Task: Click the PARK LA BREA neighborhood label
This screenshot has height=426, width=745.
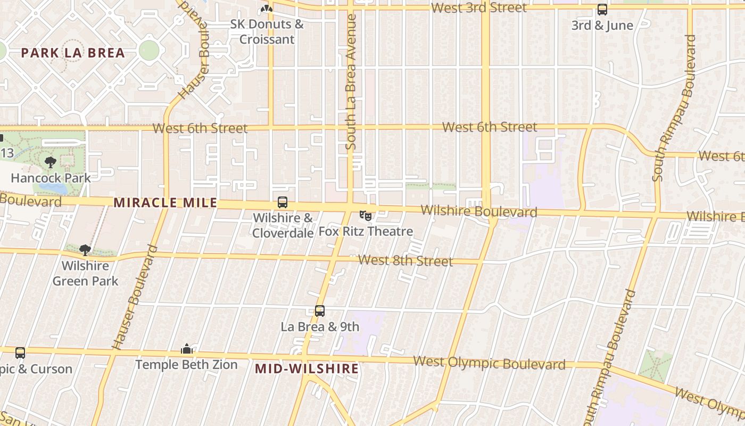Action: pos(73,53)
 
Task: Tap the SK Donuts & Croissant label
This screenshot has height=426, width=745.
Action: pos(267,31)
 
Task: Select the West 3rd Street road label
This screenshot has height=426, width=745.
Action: pos(479,8)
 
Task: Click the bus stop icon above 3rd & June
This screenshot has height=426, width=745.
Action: pos(602,10)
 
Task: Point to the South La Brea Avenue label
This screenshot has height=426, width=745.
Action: pos(351,81)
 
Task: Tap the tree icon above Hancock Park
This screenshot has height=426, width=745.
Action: pos(51,162)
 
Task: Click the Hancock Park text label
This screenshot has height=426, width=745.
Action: pos(51,178)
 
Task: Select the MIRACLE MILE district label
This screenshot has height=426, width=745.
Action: pos(165,203)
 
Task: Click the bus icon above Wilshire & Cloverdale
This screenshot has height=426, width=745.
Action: pos(283,203)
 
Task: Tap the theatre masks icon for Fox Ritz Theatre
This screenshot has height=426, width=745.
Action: pos(365,216)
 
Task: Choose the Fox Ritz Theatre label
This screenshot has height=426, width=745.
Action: pos(366,232)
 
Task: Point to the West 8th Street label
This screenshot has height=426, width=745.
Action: pos(405,261)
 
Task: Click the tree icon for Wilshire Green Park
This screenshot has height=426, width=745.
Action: pos(85,250)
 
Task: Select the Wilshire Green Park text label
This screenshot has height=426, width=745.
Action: pos(85,273)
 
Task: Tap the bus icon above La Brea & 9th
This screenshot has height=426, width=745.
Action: pos(320,311)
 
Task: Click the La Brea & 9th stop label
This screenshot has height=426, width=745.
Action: pos(320,327)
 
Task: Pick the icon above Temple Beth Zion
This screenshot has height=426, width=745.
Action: pos(186,349)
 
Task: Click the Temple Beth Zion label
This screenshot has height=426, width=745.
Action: pos(186,365)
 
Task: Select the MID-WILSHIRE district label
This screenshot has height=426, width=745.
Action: pos(307,368)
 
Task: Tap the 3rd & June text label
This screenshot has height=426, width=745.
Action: pos(602,26)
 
